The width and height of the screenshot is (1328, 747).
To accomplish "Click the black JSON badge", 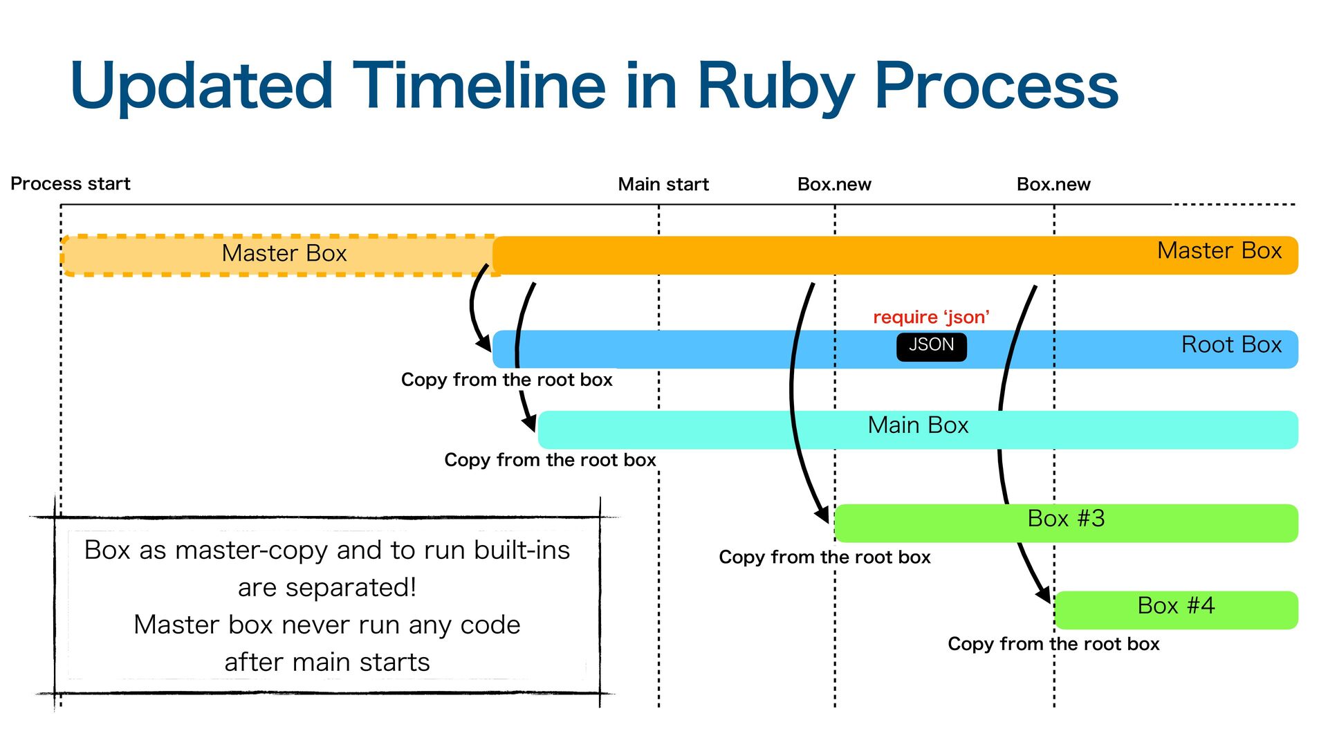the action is pos(931,347).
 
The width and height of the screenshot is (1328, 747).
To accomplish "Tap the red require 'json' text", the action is pos(931,317).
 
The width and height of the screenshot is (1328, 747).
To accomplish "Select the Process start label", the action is pos(71,184).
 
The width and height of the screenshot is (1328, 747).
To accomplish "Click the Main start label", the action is pos(663,185).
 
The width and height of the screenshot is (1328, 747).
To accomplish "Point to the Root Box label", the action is pos(1231,344).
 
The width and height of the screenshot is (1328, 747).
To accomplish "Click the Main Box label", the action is pos(918,425).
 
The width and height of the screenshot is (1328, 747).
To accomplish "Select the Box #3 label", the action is pos(1066,519).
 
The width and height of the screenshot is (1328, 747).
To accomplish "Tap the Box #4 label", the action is pos(1176,606).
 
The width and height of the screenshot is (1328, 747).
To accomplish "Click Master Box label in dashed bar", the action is pos(284,253).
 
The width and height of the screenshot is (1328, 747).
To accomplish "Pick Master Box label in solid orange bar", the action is pos(1219,250).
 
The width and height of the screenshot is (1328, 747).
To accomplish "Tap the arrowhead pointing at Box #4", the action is pos(1043,594).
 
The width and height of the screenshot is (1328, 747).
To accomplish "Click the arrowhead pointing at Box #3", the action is pos(822,515).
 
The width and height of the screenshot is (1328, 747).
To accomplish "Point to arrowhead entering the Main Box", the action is pos(529,423).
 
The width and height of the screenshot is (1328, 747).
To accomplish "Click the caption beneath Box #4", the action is pos(1053,645).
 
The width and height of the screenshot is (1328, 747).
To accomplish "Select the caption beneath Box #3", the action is pos(824,557).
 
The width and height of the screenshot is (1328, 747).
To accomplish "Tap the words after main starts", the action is pos(327,663).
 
